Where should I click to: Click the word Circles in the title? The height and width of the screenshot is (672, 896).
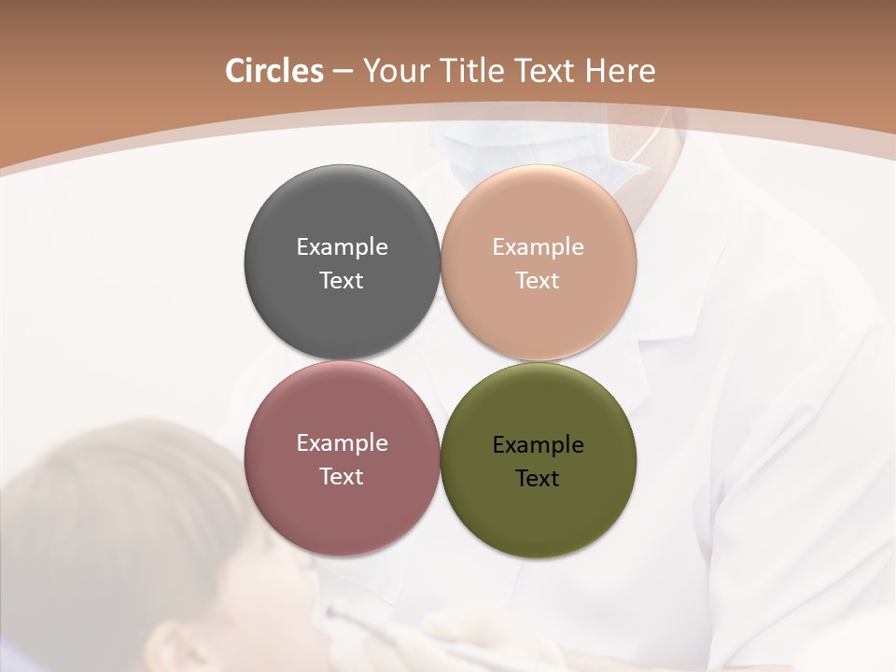(273, 71)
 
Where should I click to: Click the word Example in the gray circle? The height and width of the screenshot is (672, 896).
(342, 246)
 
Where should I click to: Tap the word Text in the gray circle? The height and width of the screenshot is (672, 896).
(342, 280)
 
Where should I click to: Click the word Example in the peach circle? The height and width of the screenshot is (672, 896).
(539, 246)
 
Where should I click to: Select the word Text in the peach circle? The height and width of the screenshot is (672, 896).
(539, 280)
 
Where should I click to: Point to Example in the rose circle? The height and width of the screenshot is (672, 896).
(342, 442)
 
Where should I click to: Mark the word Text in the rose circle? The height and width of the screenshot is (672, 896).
(342, 476)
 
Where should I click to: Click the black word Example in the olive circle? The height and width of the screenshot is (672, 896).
(539, 444)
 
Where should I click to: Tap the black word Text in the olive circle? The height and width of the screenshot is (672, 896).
(539, 478)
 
